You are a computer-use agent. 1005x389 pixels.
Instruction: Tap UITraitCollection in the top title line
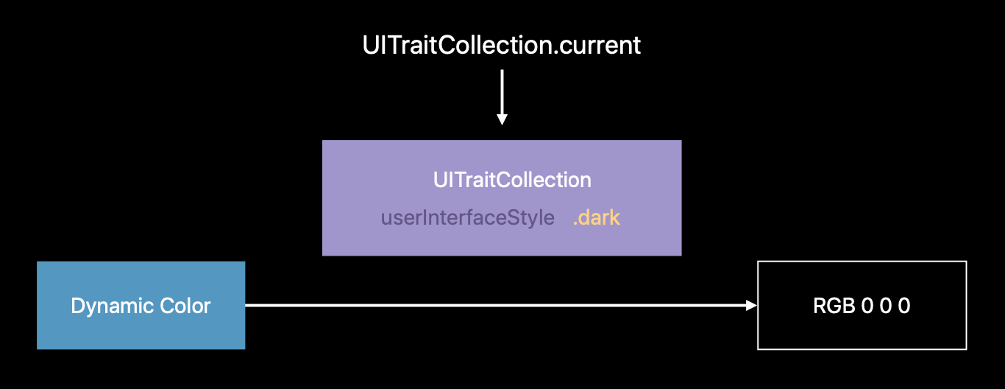click(456, 46)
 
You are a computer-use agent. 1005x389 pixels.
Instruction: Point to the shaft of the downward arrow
click(502, 92)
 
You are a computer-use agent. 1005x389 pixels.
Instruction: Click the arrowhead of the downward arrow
click(502, 119)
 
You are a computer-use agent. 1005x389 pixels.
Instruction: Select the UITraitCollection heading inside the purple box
click(512, 180)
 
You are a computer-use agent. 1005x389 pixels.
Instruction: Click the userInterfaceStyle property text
click(467, 218)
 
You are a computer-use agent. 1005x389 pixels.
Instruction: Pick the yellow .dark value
click(597, 218)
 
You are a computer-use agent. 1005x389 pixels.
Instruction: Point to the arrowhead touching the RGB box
click(751, 305)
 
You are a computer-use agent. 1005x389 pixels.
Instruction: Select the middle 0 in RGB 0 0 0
click(885, 306)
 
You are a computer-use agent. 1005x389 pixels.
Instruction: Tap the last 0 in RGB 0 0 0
click(904, 306)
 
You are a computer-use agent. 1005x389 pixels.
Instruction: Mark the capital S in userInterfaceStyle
click(519, 218)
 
